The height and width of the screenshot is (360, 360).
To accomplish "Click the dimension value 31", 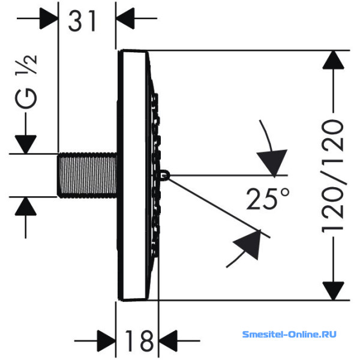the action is [82, 21].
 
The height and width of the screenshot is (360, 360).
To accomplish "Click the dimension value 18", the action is [139, 340].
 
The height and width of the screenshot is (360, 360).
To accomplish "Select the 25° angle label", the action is [268, 199].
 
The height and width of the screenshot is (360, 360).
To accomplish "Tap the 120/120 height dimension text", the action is [333, 176].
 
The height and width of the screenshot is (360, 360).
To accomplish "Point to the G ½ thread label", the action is [26, 82].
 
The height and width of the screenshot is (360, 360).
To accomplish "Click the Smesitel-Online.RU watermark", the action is [289, 334].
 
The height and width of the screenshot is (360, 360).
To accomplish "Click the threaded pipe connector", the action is [87, 175].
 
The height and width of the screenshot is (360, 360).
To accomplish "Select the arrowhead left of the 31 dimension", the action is [49, 19].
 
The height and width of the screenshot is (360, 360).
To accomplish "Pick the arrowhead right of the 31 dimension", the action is [125, 19].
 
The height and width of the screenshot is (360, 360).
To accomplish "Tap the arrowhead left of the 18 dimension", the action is [106, 341].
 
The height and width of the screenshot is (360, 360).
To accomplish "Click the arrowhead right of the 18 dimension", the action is [168, 341].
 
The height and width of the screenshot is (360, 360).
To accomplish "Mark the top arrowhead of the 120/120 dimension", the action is [333, 59].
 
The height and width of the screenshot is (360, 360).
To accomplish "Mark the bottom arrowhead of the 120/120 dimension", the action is [333, 291].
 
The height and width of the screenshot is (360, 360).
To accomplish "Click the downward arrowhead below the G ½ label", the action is [26, 145].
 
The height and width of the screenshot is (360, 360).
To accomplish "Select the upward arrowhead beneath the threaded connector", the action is [26, 206].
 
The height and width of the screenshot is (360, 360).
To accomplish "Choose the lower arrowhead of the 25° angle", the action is [248, 244].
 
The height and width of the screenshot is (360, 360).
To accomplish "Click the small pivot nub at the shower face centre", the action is [166, 176].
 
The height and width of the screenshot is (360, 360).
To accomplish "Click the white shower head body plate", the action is [133, 175].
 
